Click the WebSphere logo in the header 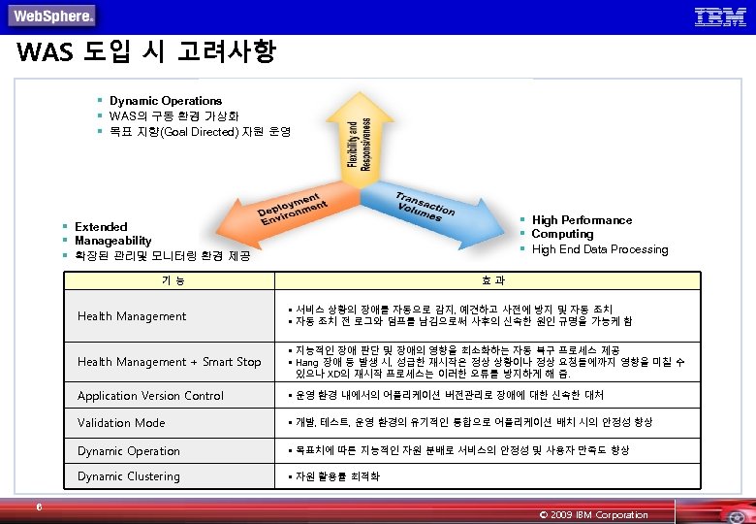52,16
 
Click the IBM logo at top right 720,16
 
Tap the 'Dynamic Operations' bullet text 165,101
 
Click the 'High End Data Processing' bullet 599,249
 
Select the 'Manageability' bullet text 112,241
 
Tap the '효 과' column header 491,280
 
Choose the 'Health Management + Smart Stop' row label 169,362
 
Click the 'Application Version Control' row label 150,396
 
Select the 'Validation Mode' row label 121,423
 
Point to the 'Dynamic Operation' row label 128,451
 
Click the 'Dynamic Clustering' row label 128,476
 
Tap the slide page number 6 38,506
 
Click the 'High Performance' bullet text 582,220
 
